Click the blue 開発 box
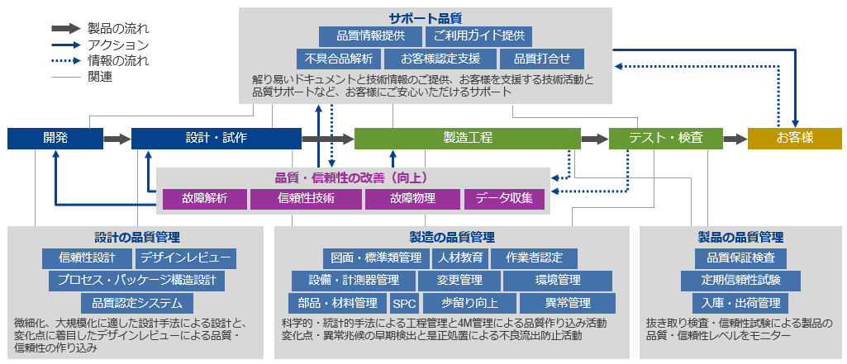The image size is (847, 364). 55,138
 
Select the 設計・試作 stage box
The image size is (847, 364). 216,138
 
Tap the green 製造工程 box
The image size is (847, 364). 467,138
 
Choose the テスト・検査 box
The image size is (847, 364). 665,138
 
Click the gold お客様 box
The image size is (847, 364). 795,138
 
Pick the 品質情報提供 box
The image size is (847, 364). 370,36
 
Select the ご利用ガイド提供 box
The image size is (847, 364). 478,36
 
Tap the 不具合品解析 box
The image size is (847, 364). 339,59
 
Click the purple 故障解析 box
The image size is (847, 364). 205,199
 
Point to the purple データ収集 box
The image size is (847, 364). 504,199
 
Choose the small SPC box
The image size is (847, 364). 405,304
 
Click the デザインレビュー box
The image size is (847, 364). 185,258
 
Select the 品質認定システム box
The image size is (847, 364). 136,304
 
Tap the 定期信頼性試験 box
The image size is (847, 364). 740,281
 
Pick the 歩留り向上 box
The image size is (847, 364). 469,304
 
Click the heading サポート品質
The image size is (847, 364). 425,18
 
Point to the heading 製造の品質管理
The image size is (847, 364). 451,237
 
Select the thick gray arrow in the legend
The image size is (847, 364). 66,29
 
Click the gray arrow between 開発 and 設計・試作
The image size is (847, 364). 117,139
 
